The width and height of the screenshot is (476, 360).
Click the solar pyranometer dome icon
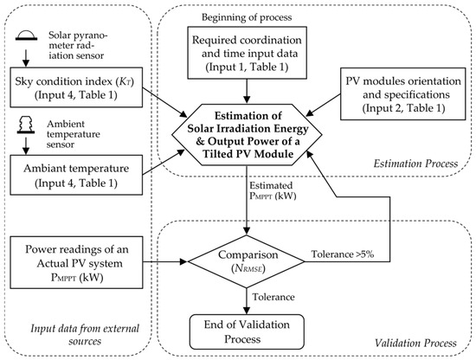click(x=27, y=35)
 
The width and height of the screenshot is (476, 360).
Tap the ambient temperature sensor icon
click(x=26, y=125)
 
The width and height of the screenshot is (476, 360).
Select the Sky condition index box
click(x=76, y=87)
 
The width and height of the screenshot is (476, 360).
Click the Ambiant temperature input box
click(x=76, y=175)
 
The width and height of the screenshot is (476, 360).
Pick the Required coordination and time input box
click(x=248, y=53)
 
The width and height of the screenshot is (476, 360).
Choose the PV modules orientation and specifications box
click(x=402, y=93)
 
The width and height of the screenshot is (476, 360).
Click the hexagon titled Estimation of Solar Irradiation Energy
click(x=247, y=135)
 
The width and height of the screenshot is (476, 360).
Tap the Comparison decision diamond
click(x=247, y=261)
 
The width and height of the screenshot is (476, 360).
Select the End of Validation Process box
click(x=247, y=331)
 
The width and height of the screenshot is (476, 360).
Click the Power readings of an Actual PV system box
click(x=76, y=262)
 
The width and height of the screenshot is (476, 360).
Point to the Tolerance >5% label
click(x=343, y=254)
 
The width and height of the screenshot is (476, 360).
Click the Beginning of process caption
click(x=247, y=17)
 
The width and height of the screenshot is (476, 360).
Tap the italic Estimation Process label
click(x=415, y=164)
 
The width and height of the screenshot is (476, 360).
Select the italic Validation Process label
click(x=415, y=343)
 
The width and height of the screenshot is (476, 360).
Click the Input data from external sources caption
click(x=85, y=335)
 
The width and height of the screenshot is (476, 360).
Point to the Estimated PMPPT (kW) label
click(x=273, y=190)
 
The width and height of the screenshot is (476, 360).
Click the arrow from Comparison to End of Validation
click(x=247, y=301)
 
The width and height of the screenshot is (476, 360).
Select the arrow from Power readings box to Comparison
click(x=165, y=261)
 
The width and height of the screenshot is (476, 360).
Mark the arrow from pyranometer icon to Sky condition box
click(x=26, y=58)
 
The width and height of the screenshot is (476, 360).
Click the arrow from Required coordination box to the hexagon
click(x=247, y=92)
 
